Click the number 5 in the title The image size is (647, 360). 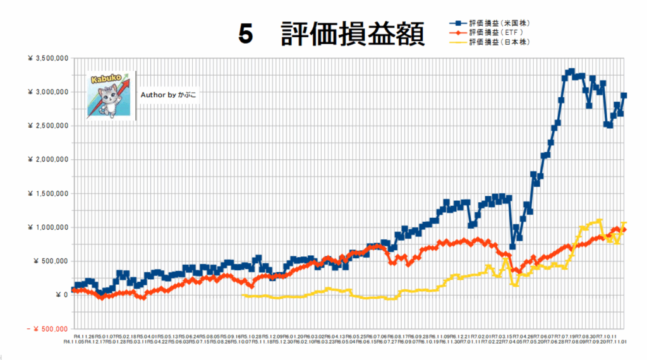click(246, 35)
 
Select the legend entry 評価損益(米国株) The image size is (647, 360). click(499, 23)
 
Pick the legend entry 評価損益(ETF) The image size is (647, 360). click(496, 32)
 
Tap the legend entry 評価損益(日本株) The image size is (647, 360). click(499, 42)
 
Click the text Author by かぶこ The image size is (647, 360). click(168, 95)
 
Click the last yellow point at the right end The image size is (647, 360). click(624, 224)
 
